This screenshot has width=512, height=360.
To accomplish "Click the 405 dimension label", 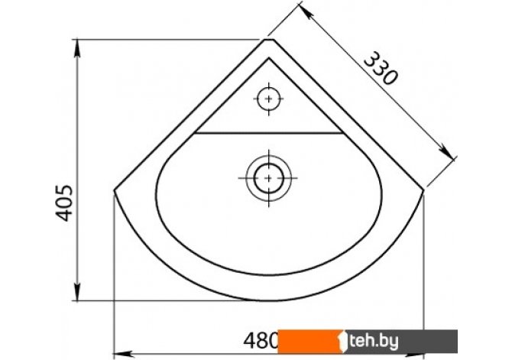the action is point(63,203).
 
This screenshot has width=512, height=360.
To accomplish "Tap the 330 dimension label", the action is point(381,68).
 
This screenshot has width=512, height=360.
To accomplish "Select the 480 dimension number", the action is point(261,340).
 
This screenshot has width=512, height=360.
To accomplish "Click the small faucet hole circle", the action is point(269,99).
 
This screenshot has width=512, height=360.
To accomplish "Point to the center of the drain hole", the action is point(269,178).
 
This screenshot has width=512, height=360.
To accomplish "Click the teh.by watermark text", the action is point(374,342).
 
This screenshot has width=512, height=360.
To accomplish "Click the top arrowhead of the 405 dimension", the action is point(77,48).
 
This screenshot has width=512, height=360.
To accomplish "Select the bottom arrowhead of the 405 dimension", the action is point(77,292).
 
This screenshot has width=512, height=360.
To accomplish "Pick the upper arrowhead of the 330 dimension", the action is point(306,11).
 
